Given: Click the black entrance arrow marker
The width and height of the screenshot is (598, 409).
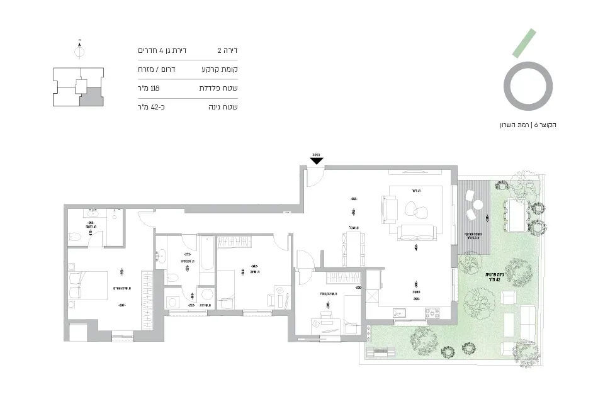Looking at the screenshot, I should [x=317, y=160].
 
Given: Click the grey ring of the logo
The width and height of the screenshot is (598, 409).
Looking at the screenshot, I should [x=530, y=86].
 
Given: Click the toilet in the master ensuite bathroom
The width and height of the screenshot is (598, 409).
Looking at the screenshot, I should [x=74, y=237].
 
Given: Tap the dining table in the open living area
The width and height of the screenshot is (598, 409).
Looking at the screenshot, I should [x=353, y=248].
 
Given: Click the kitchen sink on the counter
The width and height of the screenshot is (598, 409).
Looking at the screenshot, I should [x=400, y=311].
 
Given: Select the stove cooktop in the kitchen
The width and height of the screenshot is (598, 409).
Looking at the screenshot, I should [x=432, y=311].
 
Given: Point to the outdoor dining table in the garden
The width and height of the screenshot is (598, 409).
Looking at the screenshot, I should [x=518, y=215].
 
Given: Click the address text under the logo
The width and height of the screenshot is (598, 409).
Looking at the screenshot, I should [x=527, y=125].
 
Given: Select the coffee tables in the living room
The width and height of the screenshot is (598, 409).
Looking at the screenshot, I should [x=415, y=210].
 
